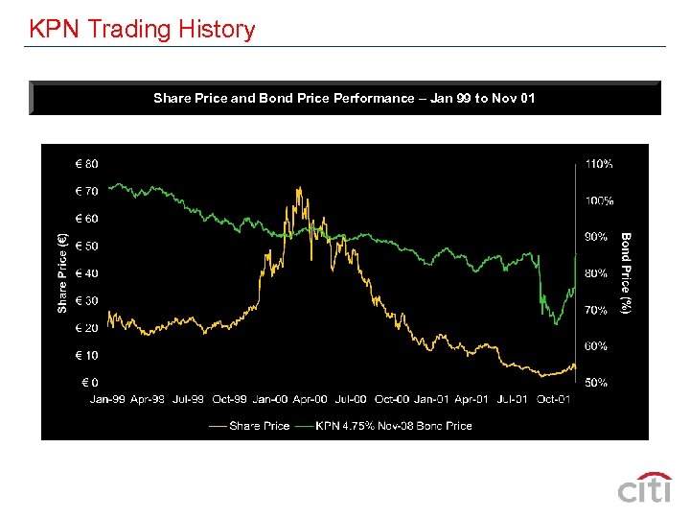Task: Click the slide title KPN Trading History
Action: [142, 29]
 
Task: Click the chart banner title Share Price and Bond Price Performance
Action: [344, 98]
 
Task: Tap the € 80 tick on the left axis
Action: [86, 164]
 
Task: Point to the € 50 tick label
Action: [86, 247]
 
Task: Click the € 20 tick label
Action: [86, 328]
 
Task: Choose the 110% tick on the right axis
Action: [599, 164]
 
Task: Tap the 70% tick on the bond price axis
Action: [596, 311]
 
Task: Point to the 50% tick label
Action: [596, 383]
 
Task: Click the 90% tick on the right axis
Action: [596, 237]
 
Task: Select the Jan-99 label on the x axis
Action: [107, 399]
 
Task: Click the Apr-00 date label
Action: [310, 399]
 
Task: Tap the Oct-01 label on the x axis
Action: [554, 399]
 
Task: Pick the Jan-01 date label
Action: [432, 399]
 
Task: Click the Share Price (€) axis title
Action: [63, 273]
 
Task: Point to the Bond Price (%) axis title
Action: [626, 273]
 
